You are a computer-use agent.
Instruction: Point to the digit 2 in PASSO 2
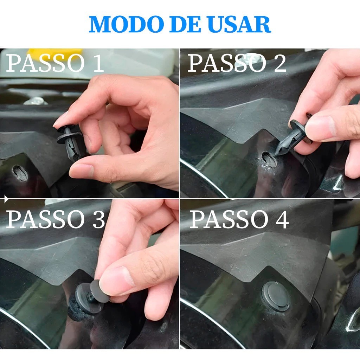pos(279,63)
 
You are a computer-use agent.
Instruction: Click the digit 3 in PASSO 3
pos(99,219)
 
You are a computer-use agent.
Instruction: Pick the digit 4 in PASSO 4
pos(282,220)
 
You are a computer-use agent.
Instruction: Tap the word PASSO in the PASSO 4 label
pos(229,220)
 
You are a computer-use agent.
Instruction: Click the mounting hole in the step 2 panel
pos(269,159)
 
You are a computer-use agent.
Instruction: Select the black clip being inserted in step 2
pos(293,135)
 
